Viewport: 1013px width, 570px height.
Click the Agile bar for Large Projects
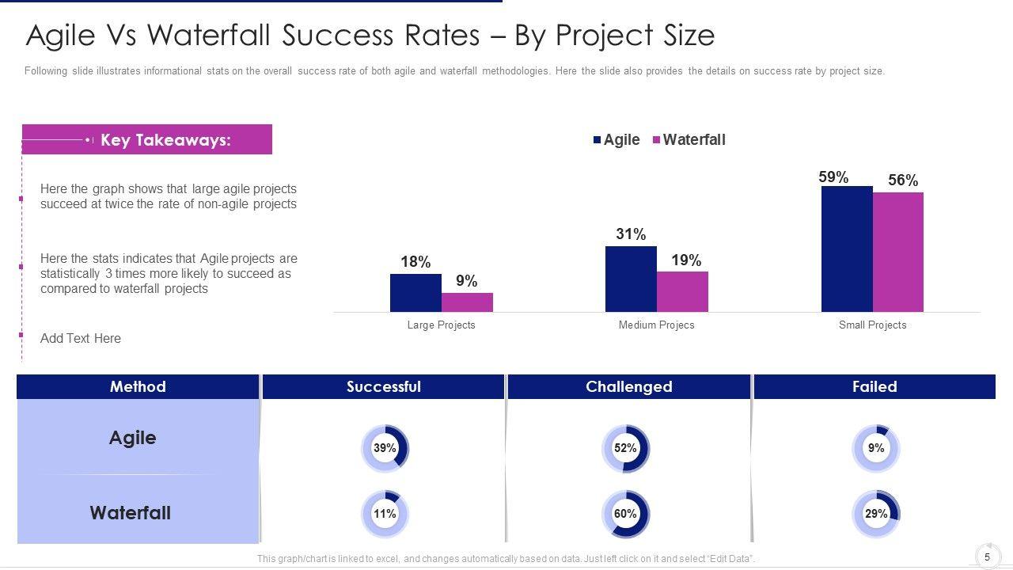point(415,293)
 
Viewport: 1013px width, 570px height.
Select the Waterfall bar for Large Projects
point(467,302)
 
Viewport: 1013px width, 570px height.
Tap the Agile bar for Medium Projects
point(631,279)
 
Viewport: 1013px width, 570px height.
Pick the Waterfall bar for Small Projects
point(898,252)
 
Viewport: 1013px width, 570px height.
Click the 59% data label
point(833,177)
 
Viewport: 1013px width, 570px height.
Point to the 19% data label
point(686,260)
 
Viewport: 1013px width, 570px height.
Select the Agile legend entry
point(617,140)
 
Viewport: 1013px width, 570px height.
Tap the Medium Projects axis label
point(656,325)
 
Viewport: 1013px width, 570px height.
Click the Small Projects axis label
point(872,325)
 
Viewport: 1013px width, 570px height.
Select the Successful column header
point(384,386)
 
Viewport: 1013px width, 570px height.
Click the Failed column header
point(875,386)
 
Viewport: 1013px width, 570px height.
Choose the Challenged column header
point(629,386)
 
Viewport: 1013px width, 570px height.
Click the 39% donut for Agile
point(385,448)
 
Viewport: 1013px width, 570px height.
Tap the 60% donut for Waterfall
point(625,514)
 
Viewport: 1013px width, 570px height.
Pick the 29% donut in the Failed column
point(875,514)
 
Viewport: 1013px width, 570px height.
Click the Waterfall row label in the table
point(131,513)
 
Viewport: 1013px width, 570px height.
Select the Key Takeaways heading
point(165,140)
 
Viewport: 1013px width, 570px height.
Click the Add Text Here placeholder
point(81,338)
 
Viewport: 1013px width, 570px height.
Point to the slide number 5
point(987,557)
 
